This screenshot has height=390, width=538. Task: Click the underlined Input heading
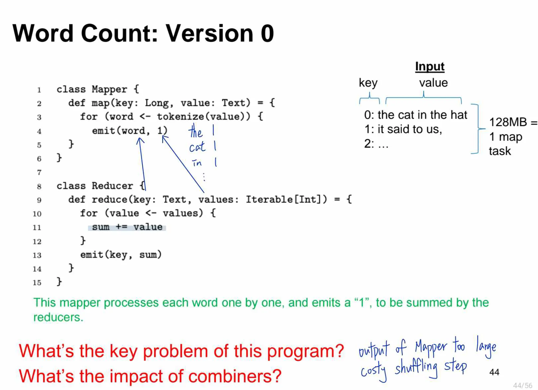pyautogui.click(x=429, y=66)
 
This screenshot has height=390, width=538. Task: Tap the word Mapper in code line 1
pyautogui.click(x=109, y=89)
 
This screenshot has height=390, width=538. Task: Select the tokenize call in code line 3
pyautogui.click(x=181, y=116)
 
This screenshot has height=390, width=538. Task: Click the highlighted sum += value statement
pyautogui.click(x=127, y=227)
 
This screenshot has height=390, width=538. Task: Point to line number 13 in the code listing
pyautogui.click(x=37, y=255)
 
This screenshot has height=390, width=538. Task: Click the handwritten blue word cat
pyautogui.click(x=197, y=147)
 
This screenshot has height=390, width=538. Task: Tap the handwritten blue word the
pyautogui.click(x=195, y=132)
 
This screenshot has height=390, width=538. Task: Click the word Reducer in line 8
pyautogui.click(x=112, y=186)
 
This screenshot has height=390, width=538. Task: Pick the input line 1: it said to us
pyautogui.click(x=403, y=129)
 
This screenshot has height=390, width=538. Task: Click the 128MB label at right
pyautogui.click(x=508, y=122)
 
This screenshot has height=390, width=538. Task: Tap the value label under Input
pyautogui.click(x=433, y=83)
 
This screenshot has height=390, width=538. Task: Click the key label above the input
pyautogui.click(x=368, y=83)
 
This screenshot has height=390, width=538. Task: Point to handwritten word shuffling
pyautogui.click(x=416, y=367)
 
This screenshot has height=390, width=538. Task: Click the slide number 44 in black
pyautogui.click(x=494, y=372)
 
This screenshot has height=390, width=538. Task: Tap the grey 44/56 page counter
pyautogui.click(x=522, y=385)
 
